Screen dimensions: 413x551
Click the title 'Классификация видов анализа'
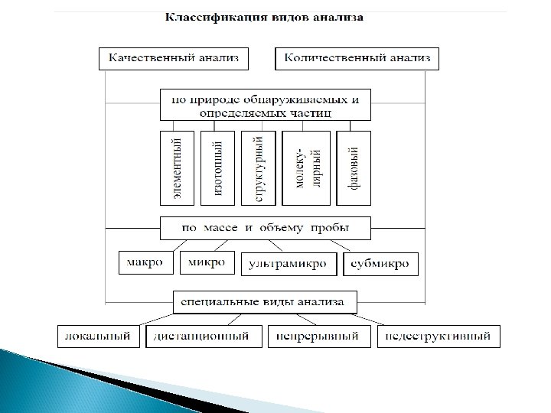(265, 16)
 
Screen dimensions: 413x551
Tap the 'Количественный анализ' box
(357, 58)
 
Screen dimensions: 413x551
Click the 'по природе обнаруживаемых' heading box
(265, 106)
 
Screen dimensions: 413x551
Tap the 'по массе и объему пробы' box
(265, 228)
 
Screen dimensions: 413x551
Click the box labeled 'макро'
(145, 263)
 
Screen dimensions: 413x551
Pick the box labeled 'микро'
(207, 263)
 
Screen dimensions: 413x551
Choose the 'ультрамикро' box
(288, 264)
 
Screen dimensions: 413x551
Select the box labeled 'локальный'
(99, 336)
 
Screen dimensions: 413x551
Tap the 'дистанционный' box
(201, 336)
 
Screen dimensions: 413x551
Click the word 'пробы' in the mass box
(333, 228)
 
